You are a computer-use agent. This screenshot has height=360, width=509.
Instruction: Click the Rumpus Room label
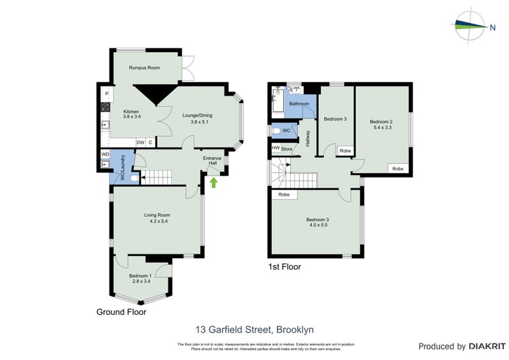[x=144, y=67]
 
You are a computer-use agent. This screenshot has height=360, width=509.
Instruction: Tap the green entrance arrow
[x=214, y=183]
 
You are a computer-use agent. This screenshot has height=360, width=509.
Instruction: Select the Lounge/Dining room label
[x=197, y=115]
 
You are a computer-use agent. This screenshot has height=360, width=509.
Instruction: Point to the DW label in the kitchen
[x=140, y=142]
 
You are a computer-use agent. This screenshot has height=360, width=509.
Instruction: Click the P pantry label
[x=107, y=95]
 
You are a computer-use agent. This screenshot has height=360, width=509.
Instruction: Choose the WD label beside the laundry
[x=105, y=154]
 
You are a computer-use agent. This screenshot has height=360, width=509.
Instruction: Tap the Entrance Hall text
[x=212, y=161]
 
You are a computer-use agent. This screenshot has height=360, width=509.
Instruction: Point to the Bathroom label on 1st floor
[x=299, y=104]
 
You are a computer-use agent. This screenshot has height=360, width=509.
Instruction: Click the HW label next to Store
[x=275, y=148]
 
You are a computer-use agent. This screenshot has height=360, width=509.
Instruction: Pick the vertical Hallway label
[x=309, y=139]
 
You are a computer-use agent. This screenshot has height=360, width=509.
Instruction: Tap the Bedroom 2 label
[x=381, y=121]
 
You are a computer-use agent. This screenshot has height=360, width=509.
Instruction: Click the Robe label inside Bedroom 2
[x=398, y=169]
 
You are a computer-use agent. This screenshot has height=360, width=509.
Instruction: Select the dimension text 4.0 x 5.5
[x=319, y=225]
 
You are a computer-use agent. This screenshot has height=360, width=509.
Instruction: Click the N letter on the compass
[x=492, y=27]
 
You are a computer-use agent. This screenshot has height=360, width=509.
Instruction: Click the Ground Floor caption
[x=121, y=312]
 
